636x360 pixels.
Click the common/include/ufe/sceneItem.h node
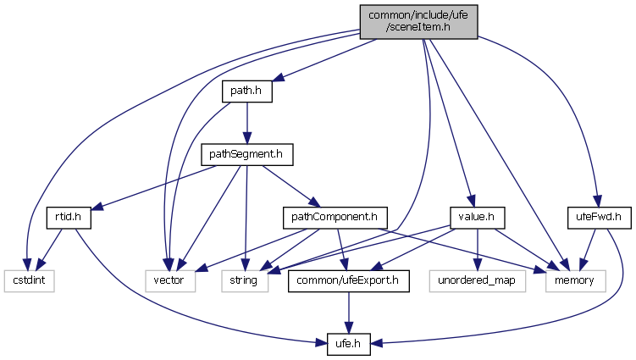418,21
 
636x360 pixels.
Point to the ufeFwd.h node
594,218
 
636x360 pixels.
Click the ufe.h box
349,345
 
